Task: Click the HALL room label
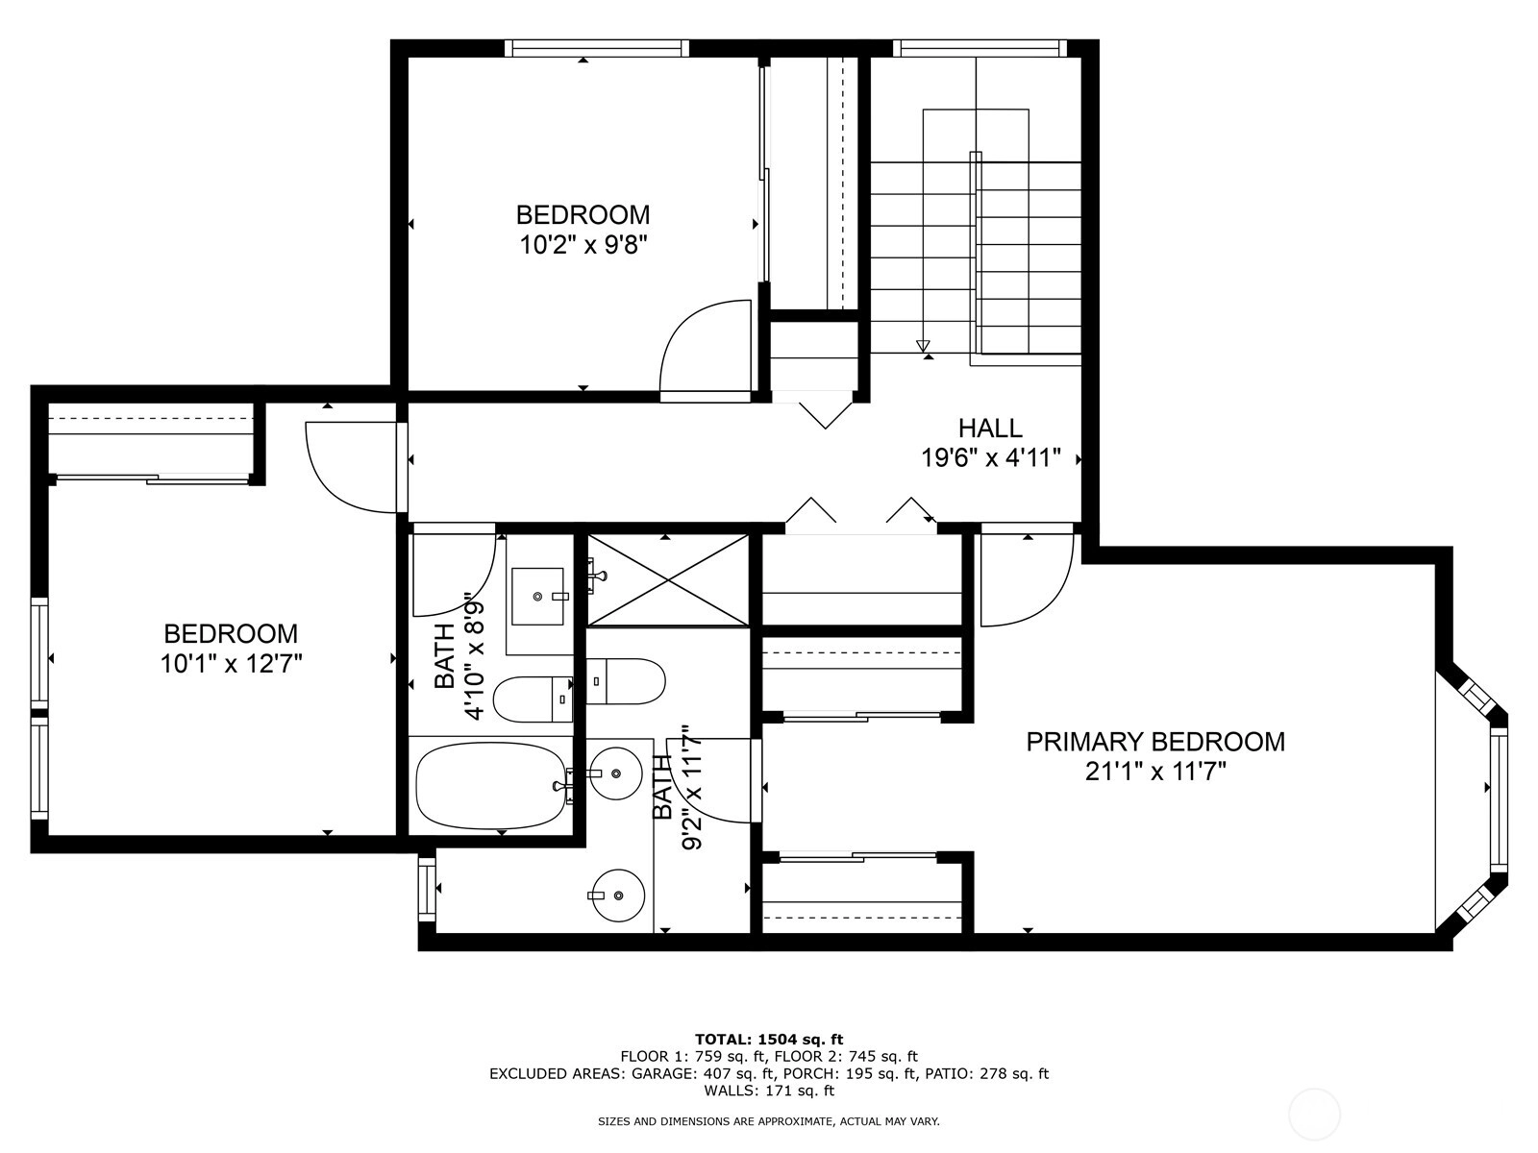[989, 427]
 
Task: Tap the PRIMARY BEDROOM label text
[1155, 742]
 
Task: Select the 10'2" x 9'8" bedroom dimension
[583, 245]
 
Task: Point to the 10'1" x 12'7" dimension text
[232, 663]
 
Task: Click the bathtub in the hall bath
[490, 785]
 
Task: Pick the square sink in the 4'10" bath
[537, 596]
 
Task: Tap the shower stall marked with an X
[668, 579]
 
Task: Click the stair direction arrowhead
[923, 346]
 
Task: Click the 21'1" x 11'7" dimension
[1155, 772]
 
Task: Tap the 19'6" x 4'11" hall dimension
[990, 458]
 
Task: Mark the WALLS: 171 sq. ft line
[769, 1090]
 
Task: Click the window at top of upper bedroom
[597, 48]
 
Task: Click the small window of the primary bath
[427, 889]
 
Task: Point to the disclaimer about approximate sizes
[769, 1121]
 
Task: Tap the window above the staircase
[979, 48]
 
